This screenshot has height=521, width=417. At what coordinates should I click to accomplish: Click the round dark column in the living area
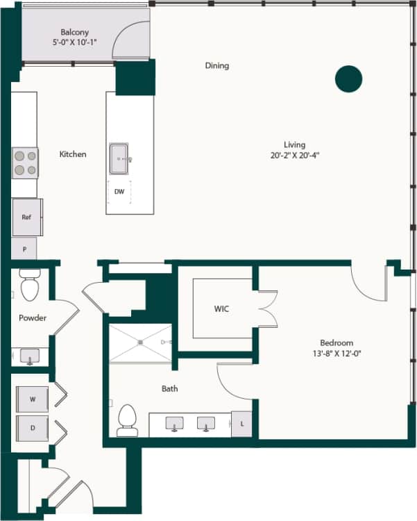pos(348,79)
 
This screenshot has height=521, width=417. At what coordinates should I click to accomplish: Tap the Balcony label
pos(74,32)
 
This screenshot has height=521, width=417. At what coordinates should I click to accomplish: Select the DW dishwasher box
pos(119,192)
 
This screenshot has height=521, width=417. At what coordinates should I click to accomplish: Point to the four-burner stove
pos(25,163)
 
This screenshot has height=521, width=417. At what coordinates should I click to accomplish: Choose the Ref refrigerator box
pos(26,217)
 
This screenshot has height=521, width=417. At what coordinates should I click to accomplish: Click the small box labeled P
pos(24,249)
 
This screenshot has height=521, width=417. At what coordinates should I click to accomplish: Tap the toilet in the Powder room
pos(30,286)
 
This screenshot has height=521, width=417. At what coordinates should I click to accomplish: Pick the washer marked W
pos(33,399)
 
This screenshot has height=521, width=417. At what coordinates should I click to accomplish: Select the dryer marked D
pos(33,427)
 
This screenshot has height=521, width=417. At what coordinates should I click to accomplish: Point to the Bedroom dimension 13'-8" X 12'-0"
pos(337,353)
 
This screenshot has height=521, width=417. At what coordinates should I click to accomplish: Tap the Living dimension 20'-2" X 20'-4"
pos(294,155)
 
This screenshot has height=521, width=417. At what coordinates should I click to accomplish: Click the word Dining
pos(216,66)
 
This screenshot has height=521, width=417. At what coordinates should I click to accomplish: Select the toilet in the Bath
pos(127,420)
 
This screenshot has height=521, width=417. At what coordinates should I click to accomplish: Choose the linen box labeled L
pos(241,423)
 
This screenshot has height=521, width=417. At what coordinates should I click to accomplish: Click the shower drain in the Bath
pos(139,342)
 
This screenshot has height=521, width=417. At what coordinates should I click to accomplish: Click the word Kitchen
pos(73,154)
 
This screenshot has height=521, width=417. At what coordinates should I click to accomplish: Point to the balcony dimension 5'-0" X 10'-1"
pos(74,42)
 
